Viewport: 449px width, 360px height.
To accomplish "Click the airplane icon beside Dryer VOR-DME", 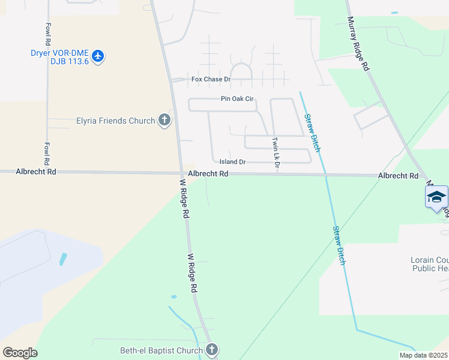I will [x=98, y=56].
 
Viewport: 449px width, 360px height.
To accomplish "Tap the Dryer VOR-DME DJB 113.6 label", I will [x=60, y=56].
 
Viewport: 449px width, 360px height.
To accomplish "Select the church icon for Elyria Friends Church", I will [x=164, y=121].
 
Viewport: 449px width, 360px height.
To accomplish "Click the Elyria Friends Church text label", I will [x=116, y=121].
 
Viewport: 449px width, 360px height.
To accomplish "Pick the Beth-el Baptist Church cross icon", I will [x=211, y=350].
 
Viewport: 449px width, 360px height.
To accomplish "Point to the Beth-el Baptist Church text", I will [x=161, y=350].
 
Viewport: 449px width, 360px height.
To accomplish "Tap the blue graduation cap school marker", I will [x=436, y=197].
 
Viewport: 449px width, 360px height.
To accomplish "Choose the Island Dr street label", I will [x=232, y=162].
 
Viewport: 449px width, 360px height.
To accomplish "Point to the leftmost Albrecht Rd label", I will [x=36, y=172].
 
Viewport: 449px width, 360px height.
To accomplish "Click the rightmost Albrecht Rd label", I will [x=398, y=176].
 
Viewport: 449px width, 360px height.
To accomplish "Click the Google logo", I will [x=20, y=353].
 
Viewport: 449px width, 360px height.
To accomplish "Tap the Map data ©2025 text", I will [x=423, y=355].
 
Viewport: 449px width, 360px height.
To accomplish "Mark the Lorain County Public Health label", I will [x=429, y=265].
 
